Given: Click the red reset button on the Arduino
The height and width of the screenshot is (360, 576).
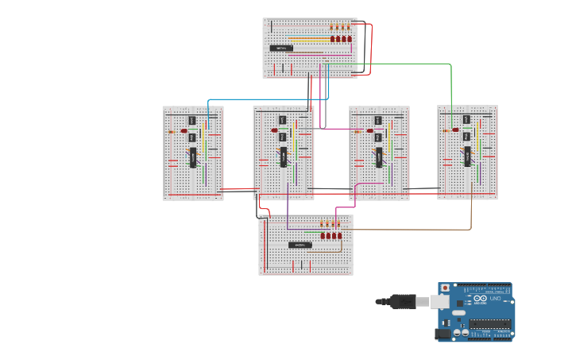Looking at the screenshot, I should coord(445,287).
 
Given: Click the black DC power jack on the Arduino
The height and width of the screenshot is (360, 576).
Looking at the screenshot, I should coord(442,335).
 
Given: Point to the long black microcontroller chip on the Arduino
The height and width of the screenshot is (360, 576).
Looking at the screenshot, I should coord(489,323).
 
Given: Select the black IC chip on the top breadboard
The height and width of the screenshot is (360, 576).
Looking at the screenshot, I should coord(281,48).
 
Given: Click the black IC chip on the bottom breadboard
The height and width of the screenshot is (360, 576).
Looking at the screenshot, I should coord(299,245).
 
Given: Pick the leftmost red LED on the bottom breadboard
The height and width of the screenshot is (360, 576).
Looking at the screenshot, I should coord(323,235).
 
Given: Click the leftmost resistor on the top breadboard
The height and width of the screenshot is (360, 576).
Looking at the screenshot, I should coord(332,27).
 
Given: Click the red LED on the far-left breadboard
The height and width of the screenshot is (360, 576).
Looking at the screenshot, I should coord(184,131).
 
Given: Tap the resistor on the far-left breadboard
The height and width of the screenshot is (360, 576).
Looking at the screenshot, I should coord(172,132).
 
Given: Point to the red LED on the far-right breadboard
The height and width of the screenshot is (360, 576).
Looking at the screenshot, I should coord(455,130).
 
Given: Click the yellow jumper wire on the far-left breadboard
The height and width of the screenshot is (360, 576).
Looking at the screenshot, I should coord(204,143).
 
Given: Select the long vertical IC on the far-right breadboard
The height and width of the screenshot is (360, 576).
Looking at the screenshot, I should coord(467,155).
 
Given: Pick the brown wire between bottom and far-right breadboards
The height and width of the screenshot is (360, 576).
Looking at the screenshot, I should coord(413,230).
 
